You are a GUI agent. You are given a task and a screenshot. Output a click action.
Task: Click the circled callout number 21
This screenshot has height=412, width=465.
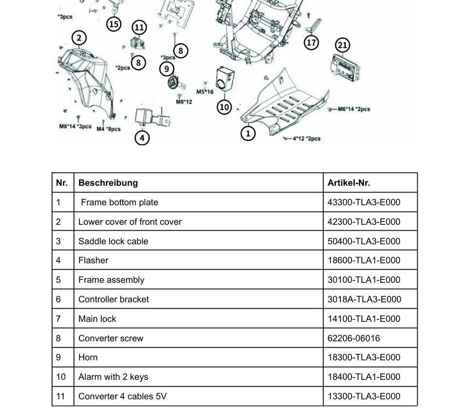pos(343,45)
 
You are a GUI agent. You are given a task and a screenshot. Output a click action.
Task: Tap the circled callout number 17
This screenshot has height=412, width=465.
pos(312,42)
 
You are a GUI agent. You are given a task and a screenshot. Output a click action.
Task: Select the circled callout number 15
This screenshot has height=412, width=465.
pos(114,23)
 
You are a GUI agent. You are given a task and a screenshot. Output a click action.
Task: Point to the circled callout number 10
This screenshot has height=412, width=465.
pos(224,106)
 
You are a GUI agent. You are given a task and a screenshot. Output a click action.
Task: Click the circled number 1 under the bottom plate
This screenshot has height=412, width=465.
pos(248,133)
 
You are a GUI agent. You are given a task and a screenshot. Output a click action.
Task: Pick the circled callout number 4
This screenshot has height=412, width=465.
pos(142,138)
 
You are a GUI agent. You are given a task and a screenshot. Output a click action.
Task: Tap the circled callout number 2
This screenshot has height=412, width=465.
pos(79,38)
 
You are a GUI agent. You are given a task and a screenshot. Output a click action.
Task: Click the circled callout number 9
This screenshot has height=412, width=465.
pos(167,69)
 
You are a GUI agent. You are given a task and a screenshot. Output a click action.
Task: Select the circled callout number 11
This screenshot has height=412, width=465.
pos(140,27)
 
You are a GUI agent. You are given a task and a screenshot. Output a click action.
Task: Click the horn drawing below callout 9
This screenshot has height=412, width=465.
pos(172,84)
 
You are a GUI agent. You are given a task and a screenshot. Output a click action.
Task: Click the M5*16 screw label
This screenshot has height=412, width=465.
pos(205,92)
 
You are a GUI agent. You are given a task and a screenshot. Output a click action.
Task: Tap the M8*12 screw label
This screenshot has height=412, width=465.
pos(184,101)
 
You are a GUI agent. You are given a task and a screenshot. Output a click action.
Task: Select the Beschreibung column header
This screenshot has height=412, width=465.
pos(108,183)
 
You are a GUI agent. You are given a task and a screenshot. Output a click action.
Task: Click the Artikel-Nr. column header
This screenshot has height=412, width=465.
pos(349,183)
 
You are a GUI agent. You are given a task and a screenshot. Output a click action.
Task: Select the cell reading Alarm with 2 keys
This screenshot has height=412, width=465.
pos(113,377)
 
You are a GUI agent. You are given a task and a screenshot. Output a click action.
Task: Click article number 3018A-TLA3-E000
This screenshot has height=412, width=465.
pos(364,299)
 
